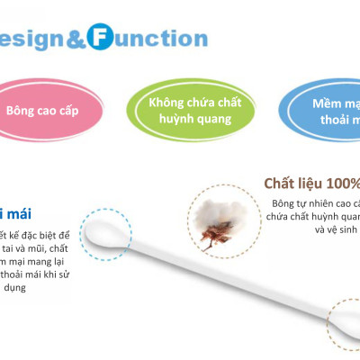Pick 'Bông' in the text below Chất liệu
coord(286,202)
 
